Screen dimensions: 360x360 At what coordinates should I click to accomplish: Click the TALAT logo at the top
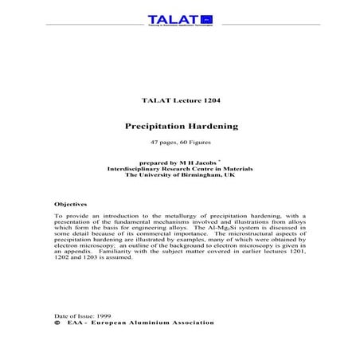[180, 19]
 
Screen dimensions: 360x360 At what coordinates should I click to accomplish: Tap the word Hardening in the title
[208, 126]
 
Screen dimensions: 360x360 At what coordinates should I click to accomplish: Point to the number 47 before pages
[155, 143]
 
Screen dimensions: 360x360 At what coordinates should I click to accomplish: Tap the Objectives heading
[71, 205]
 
